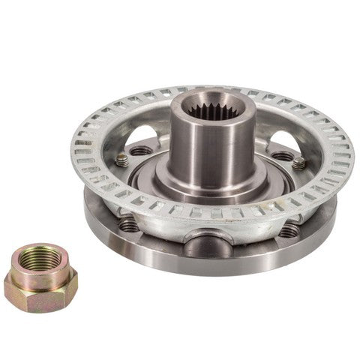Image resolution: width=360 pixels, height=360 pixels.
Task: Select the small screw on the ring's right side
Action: click(298, 163)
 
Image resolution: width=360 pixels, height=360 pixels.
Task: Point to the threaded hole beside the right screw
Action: click(281, 157)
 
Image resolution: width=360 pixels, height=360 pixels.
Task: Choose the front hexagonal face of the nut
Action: click(31, 298)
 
